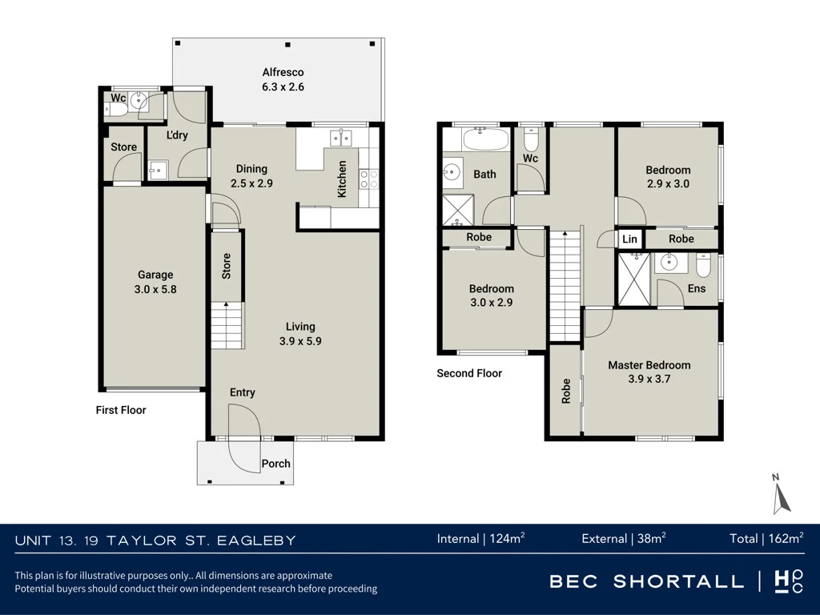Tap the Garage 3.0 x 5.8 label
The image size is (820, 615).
(x=155, y=282)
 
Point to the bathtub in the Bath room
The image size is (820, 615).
(x=485, y=139)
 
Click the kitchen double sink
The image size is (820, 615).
(x=341, y=138)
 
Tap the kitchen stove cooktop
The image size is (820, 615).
(x=369, y=179)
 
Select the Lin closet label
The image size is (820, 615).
(x=629, y=239)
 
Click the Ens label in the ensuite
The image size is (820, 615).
(x=697, y=288)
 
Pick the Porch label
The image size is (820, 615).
(x=275, y=464)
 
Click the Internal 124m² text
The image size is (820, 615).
(x=481, y=539)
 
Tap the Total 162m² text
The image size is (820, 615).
(x=766, y=539)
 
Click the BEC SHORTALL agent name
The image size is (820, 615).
(x=646, y=581)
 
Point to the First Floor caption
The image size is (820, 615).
(x=121, y=410)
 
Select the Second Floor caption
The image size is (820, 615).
(x=469, y=373)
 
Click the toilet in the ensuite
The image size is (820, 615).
(x=702, y=267)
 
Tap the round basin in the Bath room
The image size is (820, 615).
(x=452, y=171)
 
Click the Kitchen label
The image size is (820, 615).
(x=342, y=179)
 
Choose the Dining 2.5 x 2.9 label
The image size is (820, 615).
(x=251, y=175)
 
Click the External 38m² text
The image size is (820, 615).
(x=624, y=539)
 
